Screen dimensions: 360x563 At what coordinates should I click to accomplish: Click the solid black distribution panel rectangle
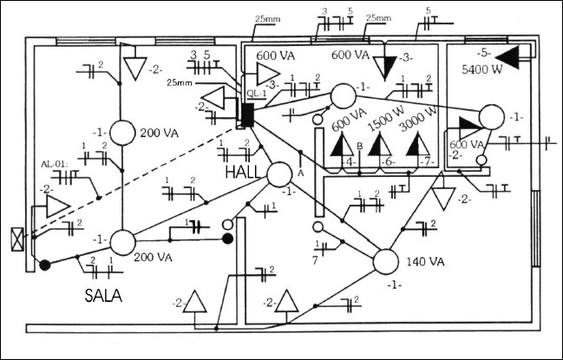[x=246, y=115]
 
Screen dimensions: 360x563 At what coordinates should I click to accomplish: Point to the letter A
[x=301, y=171]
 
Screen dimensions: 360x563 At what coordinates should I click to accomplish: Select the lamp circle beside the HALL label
[x=279, y=173]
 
